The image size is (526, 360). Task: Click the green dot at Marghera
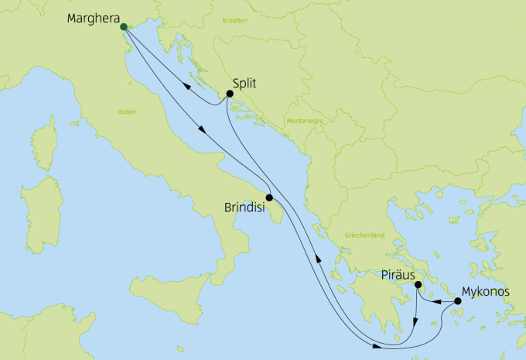pyautogui.click(x=124, y=27)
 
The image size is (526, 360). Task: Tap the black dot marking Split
pyautogui.click(x=230, y=94)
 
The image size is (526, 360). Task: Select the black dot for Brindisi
pyautogui.click(x=268, y=197)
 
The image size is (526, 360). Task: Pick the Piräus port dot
pyautogui.click(x=417, y=286)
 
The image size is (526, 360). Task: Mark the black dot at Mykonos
pyautogui.click(x=458, y=300)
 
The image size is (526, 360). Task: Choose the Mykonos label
pyautogui.click(x=486, y=293)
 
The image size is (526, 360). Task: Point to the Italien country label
pyautogui.click(x=127, y=112)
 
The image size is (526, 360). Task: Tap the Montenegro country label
pyautogui.click(x=302, y=121)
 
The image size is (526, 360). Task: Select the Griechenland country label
pyautogui.click(x=364, y=235)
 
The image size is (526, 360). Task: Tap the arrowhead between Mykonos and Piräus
pyautogui.click(x=435, y=301)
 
